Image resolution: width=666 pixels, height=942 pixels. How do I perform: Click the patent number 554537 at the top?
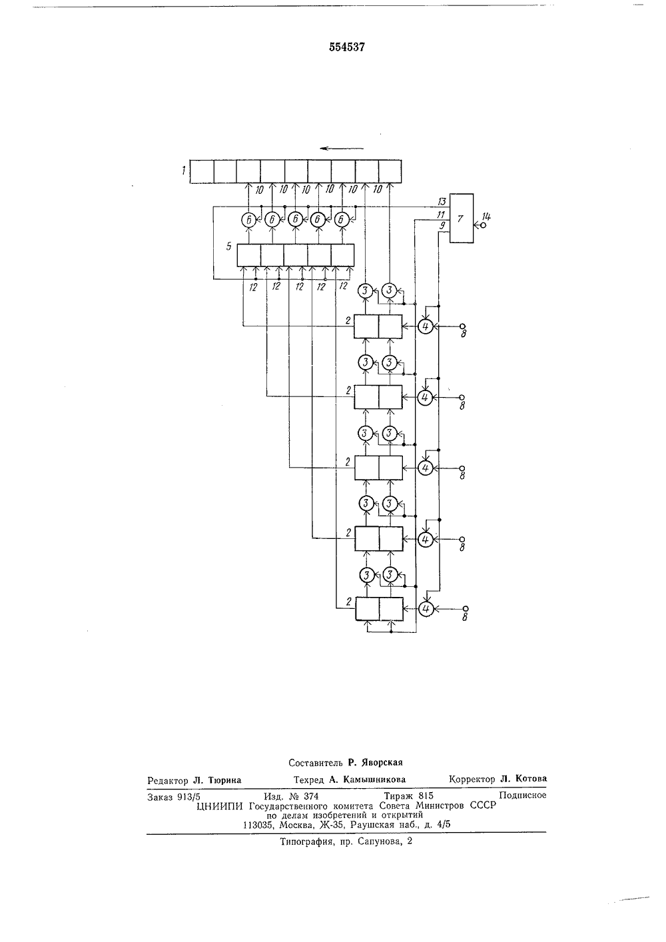(347, 47)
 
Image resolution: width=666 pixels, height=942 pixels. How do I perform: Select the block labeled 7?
(462, 218)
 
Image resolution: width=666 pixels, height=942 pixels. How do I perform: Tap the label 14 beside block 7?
(486, 217)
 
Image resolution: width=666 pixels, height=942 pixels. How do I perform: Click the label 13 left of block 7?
(442, 202)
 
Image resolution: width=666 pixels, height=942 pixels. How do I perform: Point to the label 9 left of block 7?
(442, 226)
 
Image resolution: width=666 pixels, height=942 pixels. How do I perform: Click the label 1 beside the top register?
(183, 171)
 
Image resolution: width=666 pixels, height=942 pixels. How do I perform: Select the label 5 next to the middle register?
(228, 246)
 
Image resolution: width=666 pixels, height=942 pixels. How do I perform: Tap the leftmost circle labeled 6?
(248, 219)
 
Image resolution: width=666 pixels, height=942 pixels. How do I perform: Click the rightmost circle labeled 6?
(341, 219)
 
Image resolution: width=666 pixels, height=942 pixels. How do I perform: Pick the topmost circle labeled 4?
(426, 326)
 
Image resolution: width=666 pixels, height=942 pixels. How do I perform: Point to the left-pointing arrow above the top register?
(342, 148)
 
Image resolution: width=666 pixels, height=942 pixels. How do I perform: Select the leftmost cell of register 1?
(202, 172)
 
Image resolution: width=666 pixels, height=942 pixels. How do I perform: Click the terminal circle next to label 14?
(483, 225)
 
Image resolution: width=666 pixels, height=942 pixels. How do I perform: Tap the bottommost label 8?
(465, 618)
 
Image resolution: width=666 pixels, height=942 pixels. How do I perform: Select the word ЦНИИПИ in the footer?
(220, 806)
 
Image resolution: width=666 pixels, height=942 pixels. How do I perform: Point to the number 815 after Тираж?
(426, 795)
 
